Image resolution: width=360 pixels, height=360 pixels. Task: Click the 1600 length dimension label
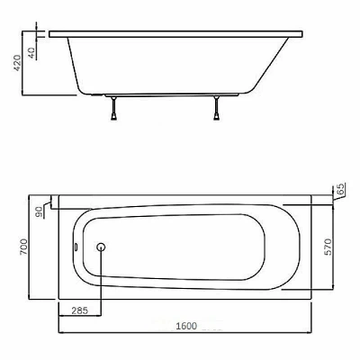[x=186, y=326]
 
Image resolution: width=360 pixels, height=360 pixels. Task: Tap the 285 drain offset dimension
[x=80, y=310]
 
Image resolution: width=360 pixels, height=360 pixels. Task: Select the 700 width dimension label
[x=24, y=247]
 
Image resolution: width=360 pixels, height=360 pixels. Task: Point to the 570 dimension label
[x=328, y=247]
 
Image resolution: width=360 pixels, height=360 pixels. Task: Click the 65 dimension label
[x=341, y=189]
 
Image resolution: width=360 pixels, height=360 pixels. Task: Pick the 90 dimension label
[x=39, y=211]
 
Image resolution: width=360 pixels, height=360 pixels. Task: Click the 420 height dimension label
[x=18, y=63]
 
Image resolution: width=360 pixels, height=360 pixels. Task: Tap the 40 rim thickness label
[x=32, y=52]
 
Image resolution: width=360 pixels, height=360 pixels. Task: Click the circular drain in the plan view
[x=101, y=247]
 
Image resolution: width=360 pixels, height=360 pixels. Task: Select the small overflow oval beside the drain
[x=76, y=247]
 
